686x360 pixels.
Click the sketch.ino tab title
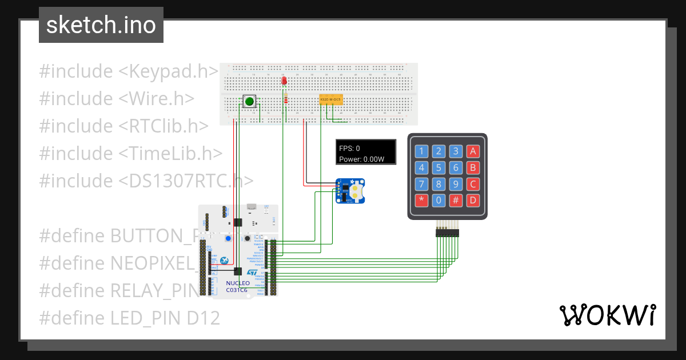coord(101,25)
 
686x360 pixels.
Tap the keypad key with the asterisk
coord(421,201)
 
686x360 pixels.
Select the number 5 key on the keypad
coord(438,168)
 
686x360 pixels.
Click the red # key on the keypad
coord(456,201)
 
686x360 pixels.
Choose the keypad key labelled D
coord(472,201)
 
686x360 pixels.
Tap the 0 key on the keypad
coord(438,201)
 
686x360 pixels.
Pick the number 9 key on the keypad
coord(456,184)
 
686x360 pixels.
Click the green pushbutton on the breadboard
coord(249,102)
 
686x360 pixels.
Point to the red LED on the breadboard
coord(284,81)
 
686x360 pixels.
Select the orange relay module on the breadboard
coord(330,100)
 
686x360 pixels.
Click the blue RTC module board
coord(350,191)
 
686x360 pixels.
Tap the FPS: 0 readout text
coord(349,148)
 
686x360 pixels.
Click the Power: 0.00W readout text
coord(361,159)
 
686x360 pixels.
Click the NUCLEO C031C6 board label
coord(237,286)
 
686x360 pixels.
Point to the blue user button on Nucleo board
coord(228,238)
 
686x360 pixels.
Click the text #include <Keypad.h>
coord(129,71)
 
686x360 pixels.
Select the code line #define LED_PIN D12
coord(129,318)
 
